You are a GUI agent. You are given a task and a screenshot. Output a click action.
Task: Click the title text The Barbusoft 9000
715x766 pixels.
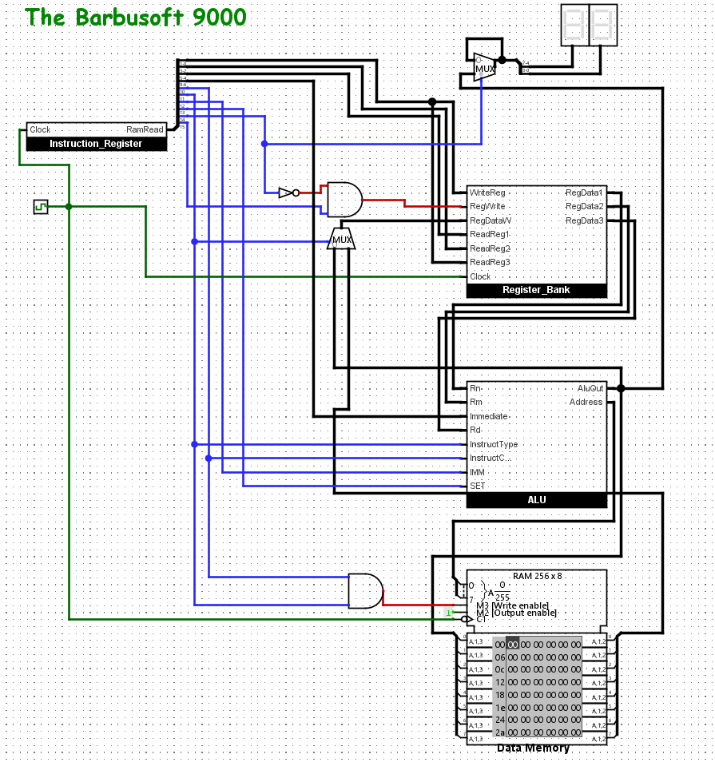tap(136, 17)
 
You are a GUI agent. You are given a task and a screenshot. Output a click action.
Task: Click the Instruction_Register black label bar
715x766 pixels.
tap(96, 144)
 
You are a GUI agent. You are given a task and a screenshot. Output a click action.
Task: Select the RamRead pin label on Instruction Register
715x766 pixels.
tap(145, 129)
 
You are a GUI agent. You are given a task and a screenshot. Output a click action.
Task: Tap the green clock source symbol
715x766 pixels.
tap(41, 207)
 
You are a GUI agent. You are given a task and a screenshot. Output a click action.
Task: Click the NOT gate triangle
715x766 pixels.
tap(286, 192)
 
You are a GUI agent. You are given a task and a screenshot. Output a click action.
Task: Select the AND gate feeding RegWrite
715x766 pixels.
tap(343, 199)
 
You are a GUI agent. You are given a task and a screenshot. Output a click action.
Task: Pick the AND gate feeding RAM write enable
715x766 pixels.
tap(365, 591)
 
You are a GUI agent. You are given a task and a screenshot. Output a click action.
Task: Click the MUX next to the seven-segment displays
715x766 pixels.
tap(484, 67)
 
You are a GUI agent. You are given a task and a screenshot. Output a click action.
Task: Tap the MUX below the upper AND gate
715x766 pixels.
tap(342, 240)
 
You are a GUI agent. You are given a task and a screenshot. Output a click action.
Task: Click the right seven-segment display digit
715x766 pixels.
tap(602, 25)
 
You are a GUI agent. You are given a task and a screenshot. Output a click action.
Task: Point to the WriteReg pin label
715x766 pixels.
tap(487, 192)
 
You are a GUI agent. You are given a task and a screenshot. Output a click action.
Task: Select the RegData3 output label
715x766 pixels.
tap(584, 220)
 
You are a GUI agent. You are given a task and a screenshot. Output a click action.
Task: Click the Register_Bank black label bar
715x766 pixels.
tap(536, 290)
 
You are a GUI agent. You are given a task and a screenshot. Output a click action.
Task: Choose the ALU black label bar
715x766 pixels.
tap(536, 500)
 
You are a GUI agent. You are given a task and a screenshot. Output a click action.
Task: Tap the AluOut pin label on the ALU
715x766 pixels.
tap(590, 388)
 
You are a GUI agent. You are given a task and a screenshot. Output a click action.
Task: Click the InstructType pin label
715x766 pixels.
tap(494, 444)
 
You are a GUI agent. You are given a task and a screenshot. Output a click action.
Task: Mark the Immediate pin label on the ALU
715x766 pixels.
tap(489, 416)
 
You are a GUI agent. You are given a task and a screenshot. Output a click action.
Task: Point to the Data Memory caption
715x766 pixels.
tap(533, 748)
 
